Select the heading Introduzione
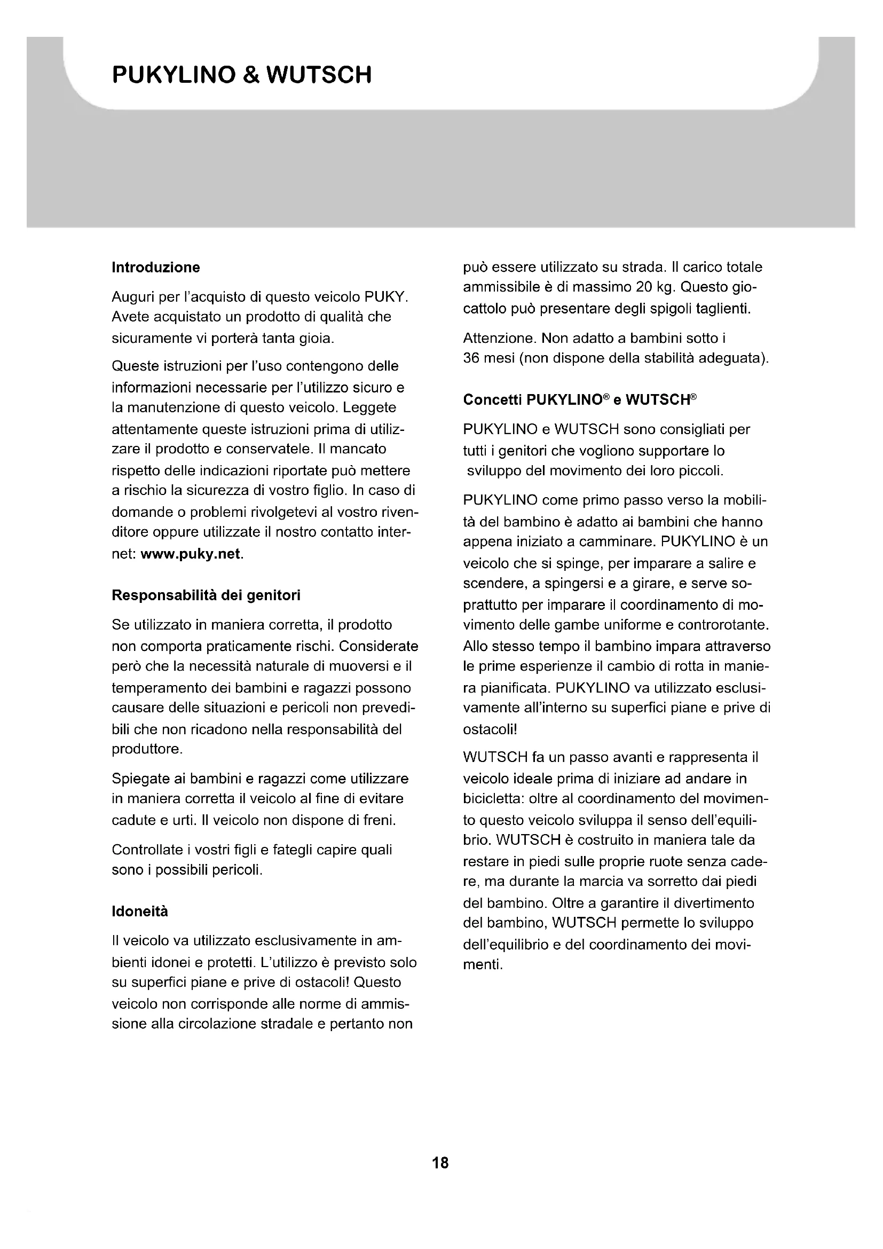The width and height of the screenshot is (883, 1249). tap(155, 267)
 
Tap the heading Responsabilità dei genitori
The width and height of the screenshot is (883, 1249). tap(206, 595)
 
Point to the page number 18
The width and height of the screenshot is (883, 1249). tap(440, 1163)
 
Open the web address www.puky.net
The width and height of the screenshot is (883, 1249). tap(190, 554)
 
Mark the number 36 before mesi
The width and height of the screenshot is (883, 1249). tap(471, 358)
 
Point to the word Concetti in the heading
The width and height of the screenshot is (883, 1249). tap(493, 400)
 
